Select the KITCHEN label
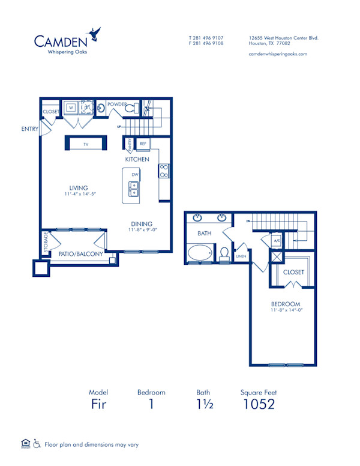tap(137, 159)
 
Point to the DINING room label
tap(142, 223)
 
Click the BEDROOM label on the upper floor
tap(286, 304)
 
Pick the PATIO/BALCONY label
tap(80, 254)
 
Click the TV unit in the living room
tap(86, 145)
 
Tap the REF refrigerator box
tap(143, 144)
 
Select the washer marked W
tap(71, 108)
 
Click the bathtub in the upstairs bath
tap(199, 253)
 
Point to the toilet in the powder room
tap(131, 109)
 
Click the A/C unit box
tap(276, 241)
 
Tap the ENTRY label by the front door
tap(29, 129)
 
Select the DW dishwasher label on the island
tap(135, 174)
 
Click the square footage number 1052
tap(259, 404)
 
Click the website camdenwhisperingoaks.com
tap(277, 53)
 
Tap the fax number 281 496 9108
tap(206, 43)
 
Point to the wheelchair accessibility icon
tap(37, 444)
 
